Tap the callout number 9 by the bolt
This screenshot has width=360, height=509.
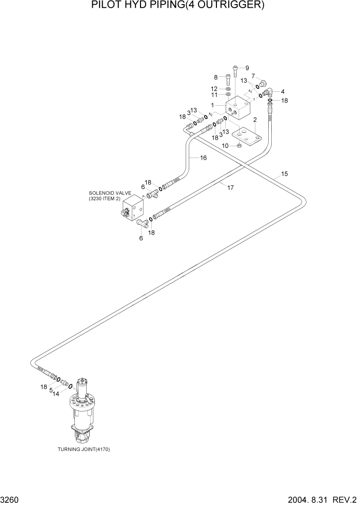tap(247, 68)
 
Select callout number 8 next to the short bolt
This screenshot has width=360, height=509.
tap(216, 77)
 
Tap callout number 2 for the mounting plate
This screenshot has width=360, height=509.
tap(255, 120)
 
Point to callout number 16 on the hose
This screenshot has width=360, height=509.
tap(203, 158)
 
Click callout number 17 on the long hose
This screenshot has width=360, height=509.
tap(230, 188)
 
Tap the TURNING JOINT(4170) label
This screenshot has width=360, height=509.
tap(84, 449)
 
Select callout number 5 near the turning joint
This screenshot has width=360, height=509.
tap(51, 390)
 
